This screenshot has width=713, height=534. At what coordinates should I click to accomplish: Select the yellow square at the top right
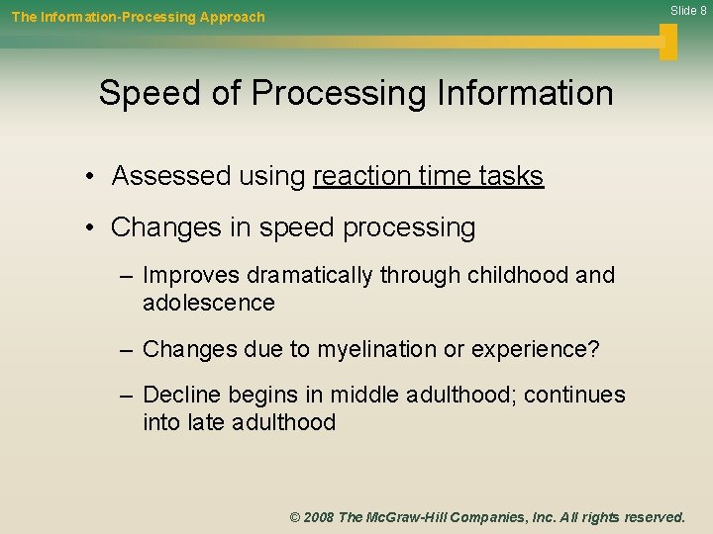668,42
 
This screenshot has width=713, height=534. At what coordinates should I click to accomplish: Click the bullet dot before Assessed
89,177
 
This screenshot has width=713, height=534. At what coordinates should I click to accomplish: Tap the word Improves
191,276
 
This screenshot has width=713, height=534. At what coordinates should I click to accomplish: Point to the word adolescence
208,303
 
